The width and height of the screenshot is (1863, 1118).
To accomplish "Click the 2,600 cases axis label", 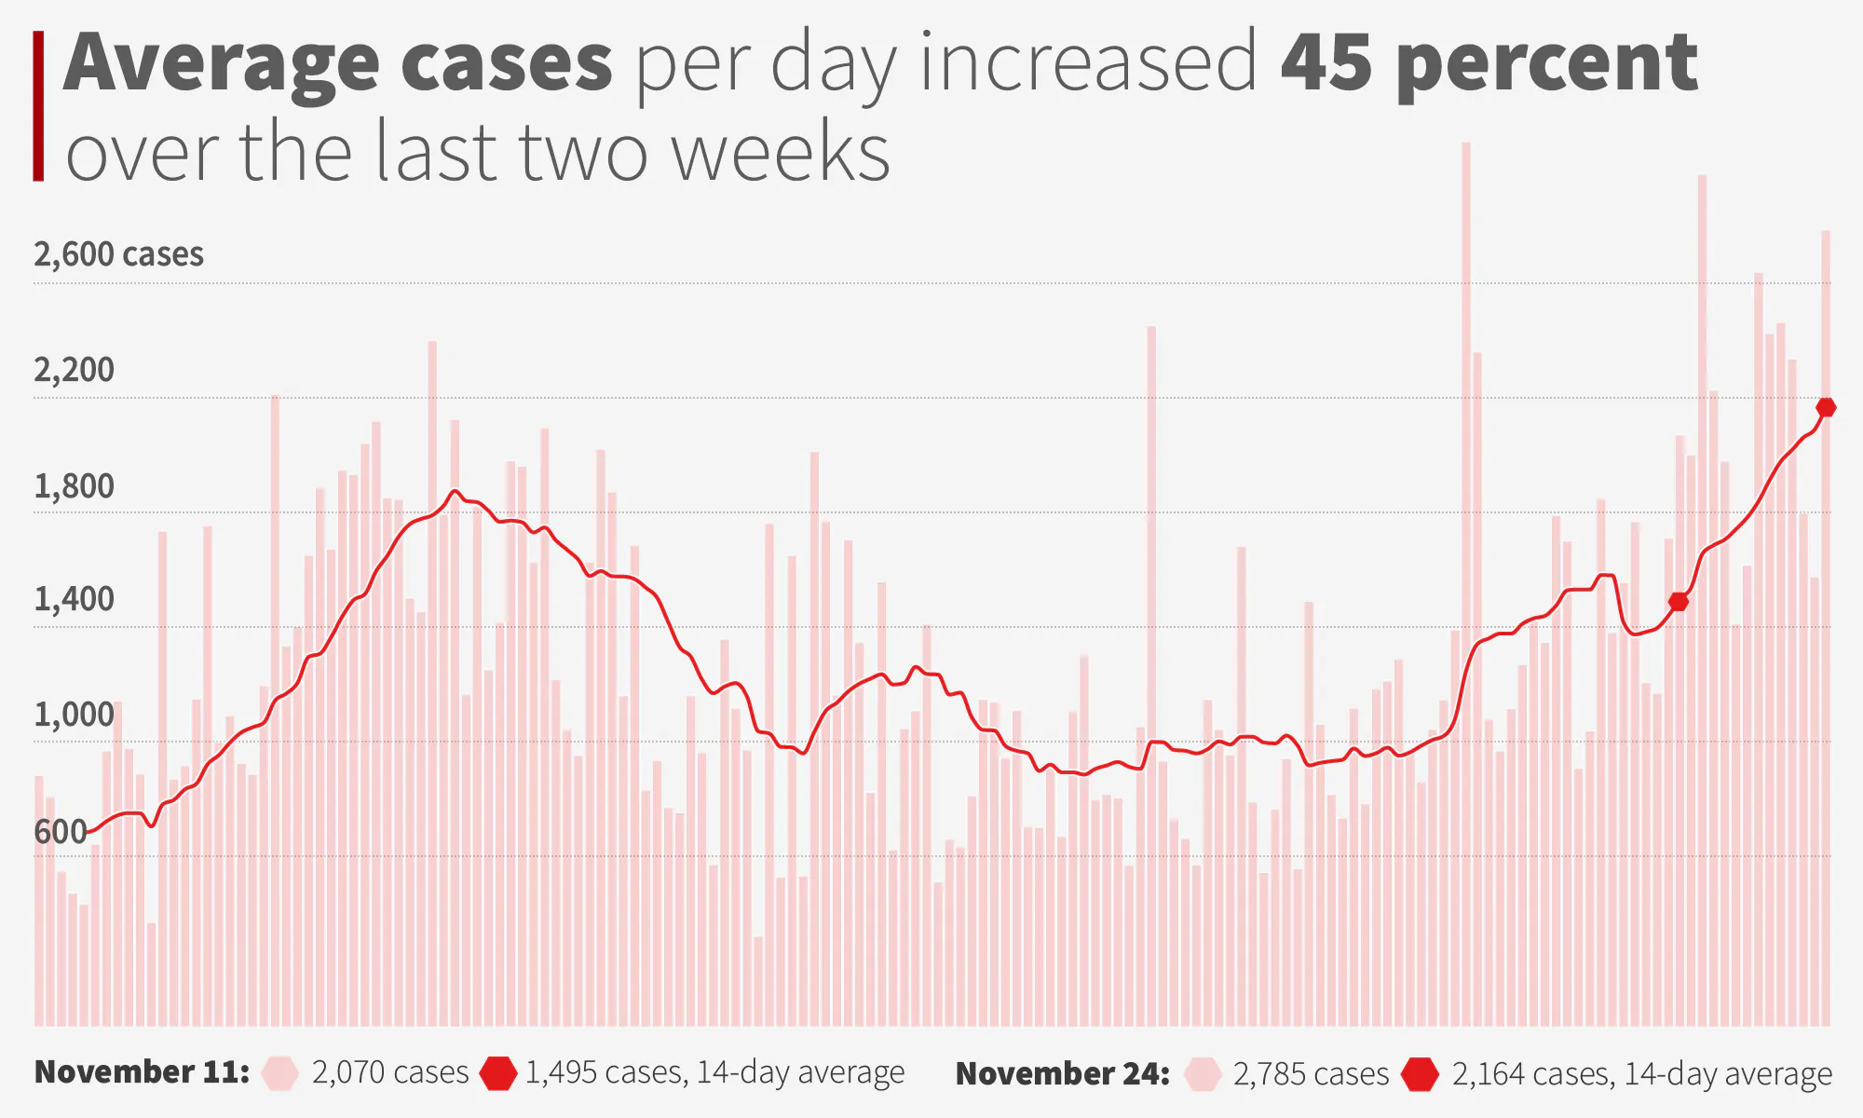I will pyautogui.click(x=118, y=254).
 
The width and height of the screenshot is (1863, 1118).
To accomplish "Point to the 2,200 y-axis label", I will pyautogui.click(x=74, y=370).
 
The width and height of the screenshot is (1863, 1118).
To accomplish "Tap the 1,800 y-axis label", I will pyautogui.click(x=74, y=486).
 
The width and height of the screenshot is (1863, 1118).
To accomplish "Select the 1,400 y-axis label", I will pyautogui.click(x=74, y=599).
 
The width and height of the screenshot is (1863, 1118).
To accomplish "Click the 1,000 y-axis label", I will pyautogui.click(x=74, y=716).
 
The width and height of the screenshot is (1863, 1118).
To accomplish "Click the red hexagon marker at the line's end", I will pyautogui.click(x=1826, y=407).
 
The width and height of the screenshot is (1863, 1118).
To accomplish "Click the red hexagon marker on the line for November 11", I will pyautogui.click(x=1679, y=602).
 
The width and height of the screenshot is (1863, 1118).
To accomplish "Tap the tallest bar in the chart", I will pyautogui.click(x=1465, y=559).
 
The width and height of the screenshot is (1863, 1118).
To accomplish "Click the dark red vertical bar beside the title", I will pyautogui.click(x=38, y=105).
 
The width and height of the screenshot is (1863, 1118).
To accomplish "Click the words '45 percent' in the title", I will pyautogui.click(x=1489, y=63).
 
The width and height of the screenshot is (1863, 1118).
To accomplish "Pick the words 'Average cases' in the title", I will pyautogui.click(x=338, y=63).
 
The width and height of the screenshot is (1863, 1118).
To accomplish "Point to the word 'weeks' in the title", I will pyautogui.click(x=781, y=152).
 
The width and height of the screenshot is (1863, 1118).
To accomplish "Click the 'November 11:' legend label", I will pyautogui.click(x=142, y=1072).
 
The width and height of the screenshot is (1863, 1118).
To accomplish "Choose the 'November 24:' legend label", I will pyautogui.click(x=1063, y=1073).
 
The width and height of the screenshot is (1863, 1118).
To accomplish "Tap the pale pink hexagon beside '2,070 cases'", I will pyautogui.click(x=279, y=1073).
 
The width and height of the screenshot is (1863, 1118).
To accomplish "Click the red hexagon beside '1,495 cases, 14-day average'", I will pyautogui.click(x=497, y=1073).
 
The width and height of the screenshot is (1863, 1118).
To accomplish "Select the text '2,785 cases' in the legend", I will pyautogui.click(x=1311, y=1074).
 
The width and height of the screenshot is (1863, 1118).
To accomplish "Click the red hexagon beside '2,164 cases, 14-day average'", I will pyautogui.click(x=1421, y=1074).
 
